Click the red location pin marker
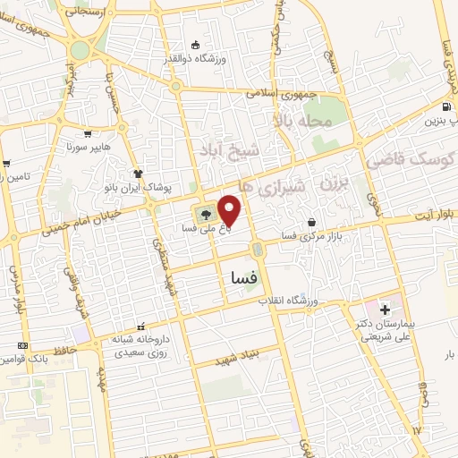[230, 210]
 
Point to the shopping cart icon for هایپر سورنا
[87, 133]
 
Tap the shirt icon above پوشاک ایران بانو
[137, 174]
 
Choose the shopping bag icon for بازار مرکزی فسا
[310, 222]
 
